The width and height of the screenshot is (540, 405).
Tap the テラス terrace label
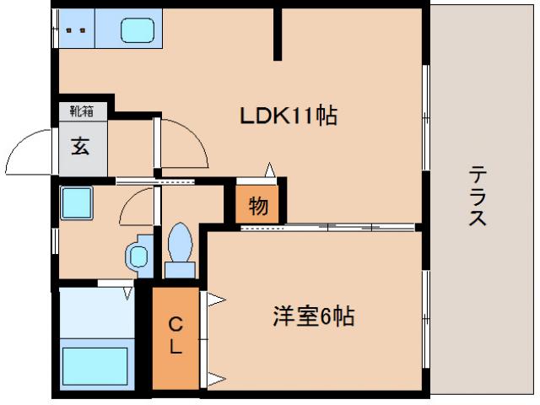pos(477,196)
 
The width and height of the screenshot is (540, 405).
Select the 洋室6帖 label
pos(312,317)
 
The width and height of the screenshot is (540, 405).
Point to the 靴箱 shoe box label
pos(81,110)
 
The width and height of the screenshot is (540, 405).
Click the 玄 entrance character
pos(80,145)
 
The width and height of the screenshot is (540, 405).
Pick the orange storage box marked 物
pos(257,205)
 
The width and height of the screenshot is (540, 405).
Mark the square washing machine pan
pos(76,203)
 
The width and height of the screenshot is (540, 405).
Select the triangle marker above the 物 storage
pos(270,170)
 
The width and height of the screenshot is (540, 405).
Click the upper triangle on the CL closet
pos(214,298)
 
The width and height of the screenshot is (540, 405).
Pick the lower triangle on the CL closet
pos(214,376)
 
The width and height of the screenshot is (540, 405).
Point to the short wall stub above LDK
pos(278,35)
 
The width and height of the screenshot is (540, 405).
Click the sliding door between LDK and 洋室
pos(329,227)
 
